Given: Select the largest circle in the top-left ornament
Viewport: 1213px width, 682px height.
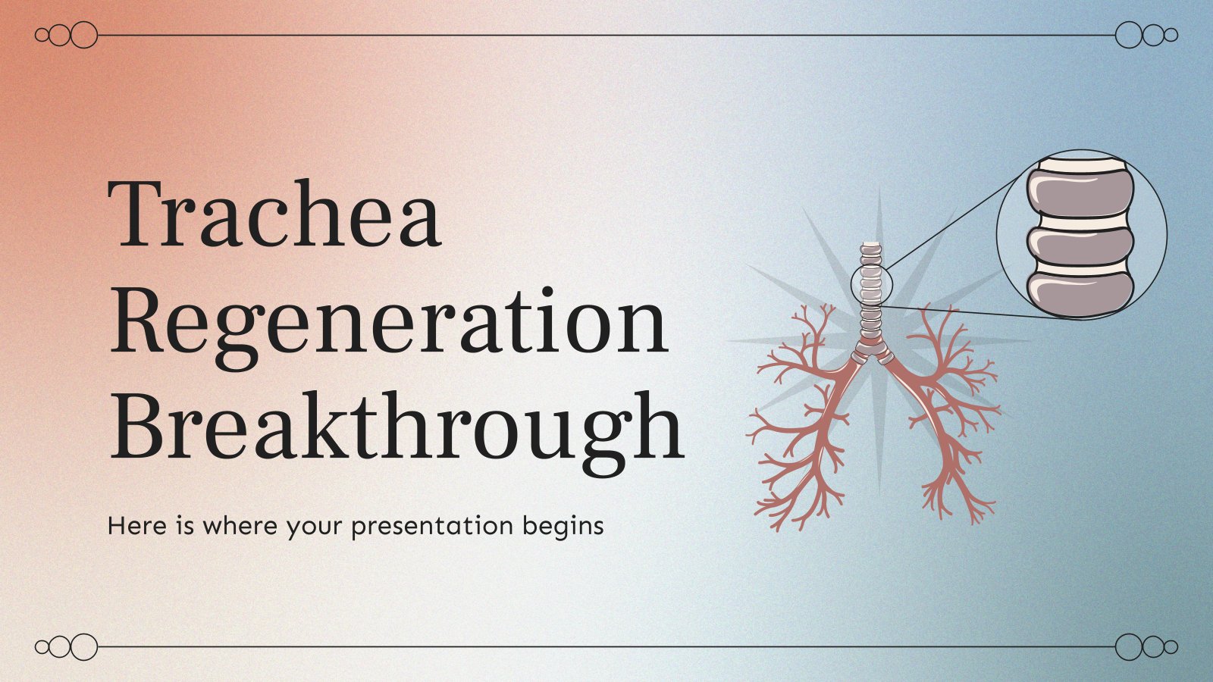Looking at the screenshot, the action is tap(84, 35).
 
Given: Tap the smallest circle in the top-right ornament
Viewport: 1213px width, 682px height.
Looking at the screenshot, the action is tap(1171, 35).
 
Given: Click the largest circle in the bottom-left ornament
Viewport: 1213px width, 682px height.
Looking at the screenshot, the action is tap(84, 647).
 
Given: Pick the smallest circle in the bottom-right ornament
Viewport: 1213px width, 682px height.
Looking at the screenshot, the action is tap(1171, 647).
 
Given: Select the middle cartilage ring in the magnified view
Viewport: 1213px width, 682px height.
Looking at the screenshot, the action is tap(1080, 246).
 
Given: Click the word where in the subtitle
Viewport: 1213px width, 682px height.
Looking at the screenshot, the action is tap(240, 526).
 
